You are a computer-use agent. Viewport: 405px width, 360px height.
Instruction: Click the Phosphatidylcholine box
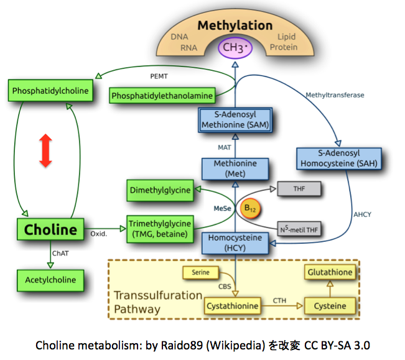[50, 91]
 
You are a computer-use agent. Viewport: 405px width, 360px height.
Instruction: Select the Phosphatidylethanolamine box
[162, 96]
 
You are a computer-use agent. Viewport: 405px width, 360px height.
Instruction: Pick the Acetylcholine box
[50, 280]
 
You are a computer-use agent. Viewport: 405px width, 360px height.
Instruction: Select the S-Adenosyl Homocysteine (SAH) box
[338, 159]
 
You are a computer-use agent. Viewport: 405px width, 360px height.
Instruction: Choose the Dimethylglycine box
[161, 190]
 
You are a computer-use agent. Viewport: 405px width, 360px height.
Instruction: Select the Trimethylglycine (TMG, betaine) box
[161, 228]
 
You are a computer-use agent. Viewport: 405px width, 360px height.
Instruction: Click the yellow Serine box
[200, 272]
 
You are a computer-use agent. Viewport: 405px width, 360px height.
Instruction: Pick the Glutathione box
[330, 272]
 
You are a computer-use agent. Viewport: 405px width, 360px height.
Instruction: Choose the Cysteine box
[330, 306]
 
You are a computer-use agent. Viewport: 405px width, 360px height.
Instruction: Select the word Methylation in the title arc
[235, 25]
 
